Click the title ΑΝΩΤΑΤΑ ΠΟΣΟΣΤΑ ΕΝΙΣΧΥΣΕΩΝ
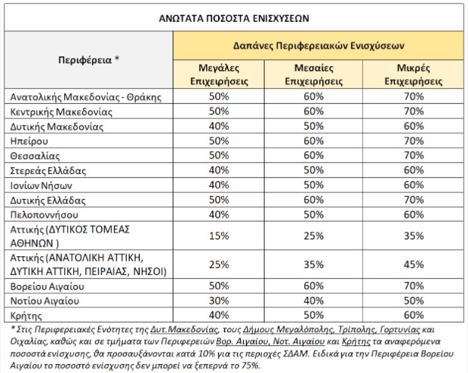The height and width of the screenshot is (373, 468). coord(234,16)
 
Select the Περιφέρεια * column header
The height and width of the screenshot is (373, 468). coord(89,59)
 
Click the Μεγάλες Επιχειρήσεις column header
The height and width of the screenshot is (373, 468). coord(220,74)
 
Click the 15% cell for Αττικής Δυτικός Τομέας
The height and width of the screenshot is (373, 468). coord(220,235)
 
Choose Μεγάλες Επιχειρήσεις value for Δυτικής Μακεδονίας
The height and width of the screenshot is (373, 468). coord(220,125)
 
